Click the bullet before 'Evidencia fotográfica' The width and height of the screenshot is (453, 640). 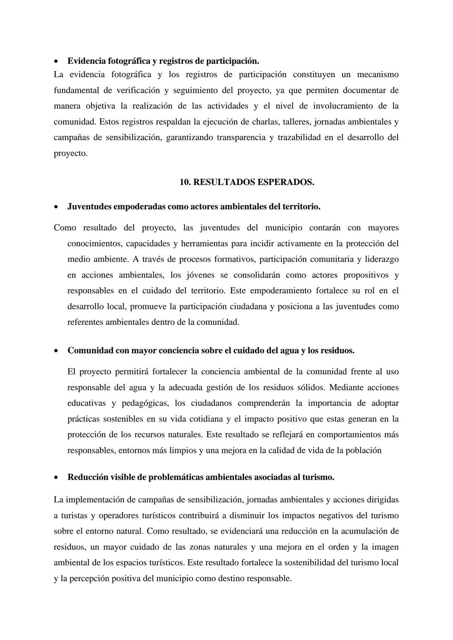coord(56,61)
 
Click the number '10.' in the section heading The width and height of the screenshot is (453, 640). coord(185,182)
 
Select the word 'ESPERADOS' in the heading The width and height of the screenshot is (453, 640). coord(285,182)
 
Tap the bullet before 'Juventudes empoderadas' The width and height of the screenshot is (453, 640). coord(56,207)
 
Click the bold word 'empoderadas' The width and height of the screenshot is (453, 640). coord(139,207)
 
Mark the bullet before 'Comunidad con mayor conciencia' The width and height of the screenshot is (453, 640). coord(56,351)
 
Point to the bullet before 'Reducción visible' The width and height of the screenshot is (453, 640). coord(56,478)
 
